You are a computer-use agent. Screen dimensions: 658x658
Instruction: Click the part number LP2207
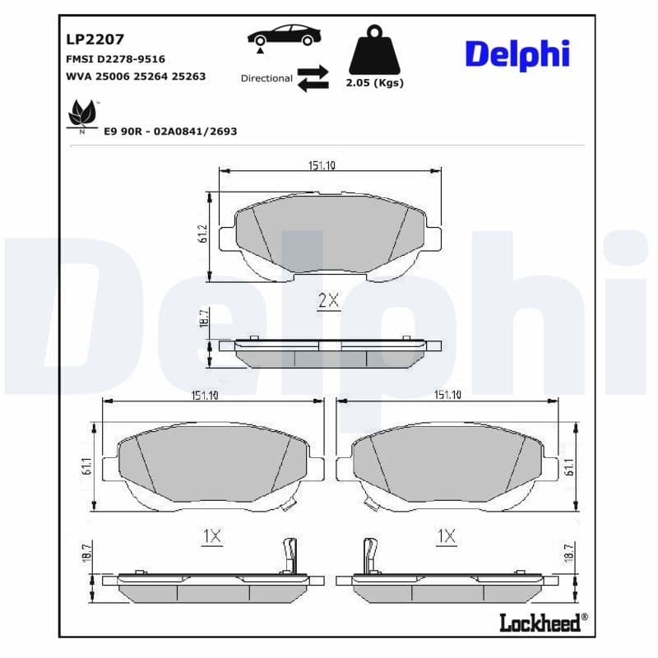pyautogui.click(x=94, y=38)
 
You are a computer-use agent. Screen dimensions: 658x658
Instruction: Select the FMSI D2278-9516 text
pyautogui.click(x=115, y=59)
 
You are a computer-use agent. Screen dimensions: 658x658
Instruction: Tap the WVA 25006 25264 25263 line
pyautogui.click(x=135, y=76)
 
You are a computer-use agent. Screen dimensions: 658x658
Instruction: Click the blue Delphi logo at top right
pyautogui.click(x=517, y=53)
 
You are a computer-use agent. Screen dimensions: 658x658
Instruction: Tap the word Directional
pyautogui.click(x=266, y=78)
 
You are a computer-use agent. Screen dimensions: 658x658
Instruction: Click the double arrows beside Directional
pyautogui.click(x=313, y=78)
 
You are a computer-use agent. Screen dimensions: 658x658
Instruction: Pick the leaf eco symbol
pyautogui.click(x=82, y=114)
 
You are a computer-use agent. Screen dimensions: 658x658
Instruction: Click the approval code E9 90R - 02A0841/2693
pyautogui.click(x=170, y=131)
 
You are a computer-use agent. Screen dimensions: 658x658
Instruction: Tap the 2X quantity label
pyautogui.click(x=328, y=301)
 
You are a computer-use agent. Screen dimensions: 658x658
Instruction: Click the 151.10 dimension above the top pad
pyautogui.click(x=322, y=165)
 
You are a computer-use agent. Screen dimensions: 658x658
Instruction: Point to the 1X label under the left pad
pyautogui.click(x=211, y=536)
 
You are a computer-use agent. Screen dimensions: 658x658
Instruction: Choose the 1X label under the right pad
pyautogui.click(x=447, y=536)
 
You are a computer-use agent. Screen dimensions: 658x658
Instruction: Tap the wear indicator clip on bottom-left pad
pyautogui.click(x=289, y=555)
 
